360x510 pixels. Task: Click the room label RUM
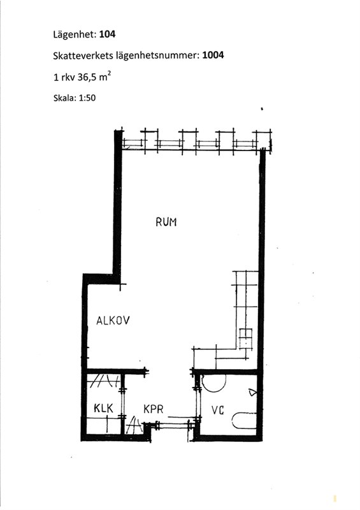point(166,222)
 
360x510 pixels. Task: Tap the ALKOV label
point(113,321)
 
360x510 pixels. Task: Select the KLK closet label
point(103,408)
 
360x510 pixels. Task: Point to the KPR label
point(153,409)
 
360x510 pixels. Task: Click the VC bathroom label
point(217,410)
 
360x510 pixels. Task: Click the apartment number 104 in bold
point(107,34)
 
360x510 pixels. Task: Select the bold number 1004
point(213,55)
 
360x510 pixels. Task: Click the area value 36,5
point(87,77)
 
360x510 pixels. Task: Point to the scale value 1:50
point(87,98)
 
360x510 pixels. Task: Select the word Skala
point(64,98)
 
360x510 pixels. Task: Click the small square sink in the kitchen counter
point(246,339)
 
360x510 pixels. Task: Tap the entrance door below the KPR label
point(173,425)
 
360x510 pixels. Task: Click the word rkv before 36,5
point(68,78)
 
